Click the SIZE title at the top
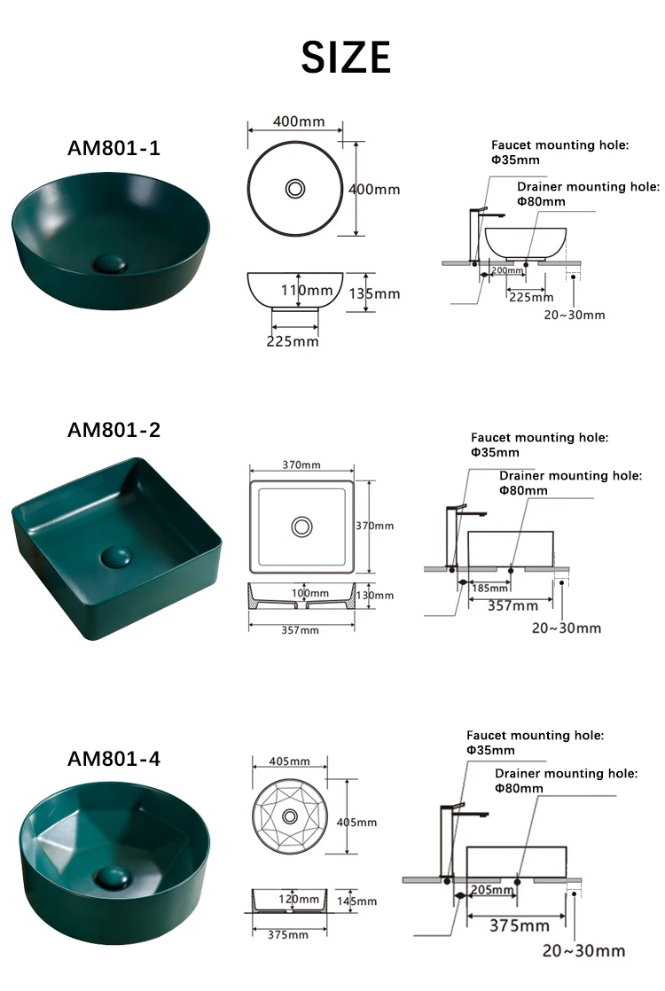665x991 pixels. [x=346, y=58]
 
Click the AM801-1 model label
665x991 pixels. [x=113, y=148]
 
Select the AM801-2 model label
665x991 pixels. [x=113, y=430]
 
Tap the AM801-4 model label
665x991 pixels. [x=113, y=759]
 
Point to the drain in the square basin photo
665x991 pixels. [x=115, y=557]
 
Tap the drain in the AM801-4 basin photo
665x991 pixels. [x=112, y=877]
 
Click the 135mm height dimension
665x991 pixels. [x=374, y=293]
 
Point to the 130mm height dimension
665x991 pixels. [x=375, y=595]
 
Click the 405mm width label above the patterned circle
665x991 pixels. [x=288, y=761]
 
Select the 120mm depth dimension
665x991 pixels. [x=298, y=898]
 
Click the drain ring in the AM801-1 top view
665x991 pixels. [x=294, y=188]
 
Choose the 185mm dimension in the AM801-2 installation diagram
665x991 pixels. [x=490, y=588]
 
